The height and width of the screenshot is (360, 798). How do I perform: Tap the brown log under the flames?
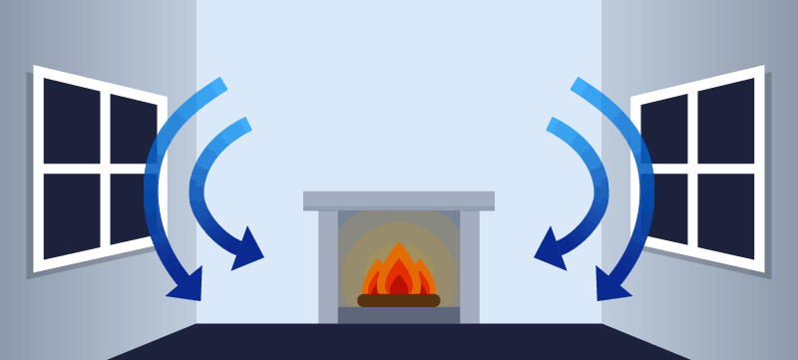pyautogui.click(x=399, y=300)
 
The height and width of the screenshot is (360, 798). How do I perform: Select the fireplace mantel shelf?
pyautogui.click(x=399, y=200)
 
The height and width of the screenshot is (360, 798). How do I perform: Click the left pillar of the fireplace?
pyautogui.click(x=328, y=265)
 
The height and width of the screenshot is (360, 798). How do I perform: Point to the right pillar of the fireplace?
pyautogui.click(x=469, y=265)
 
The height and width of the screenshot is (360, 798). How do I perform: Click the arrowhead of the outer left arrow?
pyautogui.click(x=188, y=285)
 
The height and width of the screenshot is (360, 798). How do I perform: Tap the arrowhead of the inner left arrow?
pyautogui.click(x=246, y=251)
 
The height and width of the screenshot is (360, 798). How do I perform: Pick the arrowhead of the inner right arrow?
pyautogui.click(x=551, y=251)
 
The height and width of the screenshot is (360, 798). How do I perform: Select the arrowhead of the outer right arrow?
pyautogui.click(x=610, y=285)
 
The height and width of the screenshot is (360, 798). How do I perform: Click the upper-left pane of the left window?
pyautogui.click(x=71, y=120)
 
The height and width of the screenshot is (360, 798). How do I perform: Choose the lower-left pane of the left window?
pyautogui.click(x=71, y=215)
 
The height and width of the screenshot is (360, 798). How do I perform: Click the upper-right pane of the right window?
pyautogui.click(x=726, y=120)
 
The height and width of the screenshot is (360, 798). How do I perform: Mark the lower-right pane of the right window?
pyautogui.click(x=726, y=215)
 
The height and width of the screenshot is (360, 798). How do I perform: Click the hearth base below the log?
pyautogui.click(x=399, y=315)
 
